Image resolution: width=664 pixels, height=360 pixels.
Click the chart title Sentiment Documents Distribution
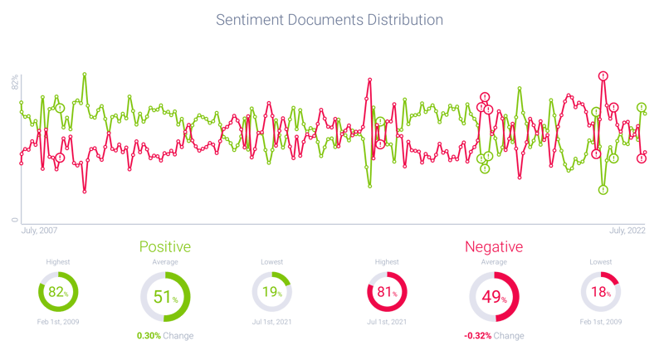pos(330,18)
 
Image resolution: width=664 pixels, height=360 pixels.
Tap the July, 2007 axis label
pos(38,230)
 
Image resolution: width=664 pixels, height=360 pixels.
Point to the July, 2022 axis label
pos(627,230)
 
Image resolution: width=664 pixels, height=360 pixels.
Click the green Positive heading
pos(165,247)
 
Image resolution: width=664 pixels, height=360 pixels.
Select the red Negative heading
pos(494,247)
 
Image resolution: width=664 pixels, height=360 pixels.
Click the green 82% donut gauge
pos(58,292)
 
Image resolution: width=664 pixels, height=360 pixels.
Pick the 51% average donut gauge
pos(165,296)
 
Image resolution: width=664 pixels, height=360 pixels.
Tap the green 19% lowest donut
pos(272,292)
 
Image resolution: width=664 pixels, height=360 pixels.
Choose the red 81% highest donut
pos(387,292)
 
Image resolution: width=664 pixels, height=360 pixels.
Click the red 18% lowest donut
pos(600,292)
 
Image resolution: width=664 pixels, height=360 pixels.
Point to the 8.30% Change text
pos(165,336)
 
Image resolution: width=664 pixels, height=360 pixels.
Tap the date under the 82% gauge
pos(58,320)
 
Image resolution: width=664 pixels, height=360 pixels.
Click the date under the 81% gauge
pos(387,320)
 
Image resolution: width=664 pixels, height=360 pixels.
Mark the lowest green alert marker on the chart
pos(603,190)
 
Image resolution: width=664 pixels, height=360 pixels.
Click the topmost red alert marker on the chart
pos(603,75)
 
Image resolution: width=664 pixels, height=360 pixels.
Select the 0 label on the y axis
pos(14,219)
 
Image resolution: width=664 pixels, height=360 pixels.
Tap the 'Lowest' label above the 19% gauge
pos(272,261)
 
